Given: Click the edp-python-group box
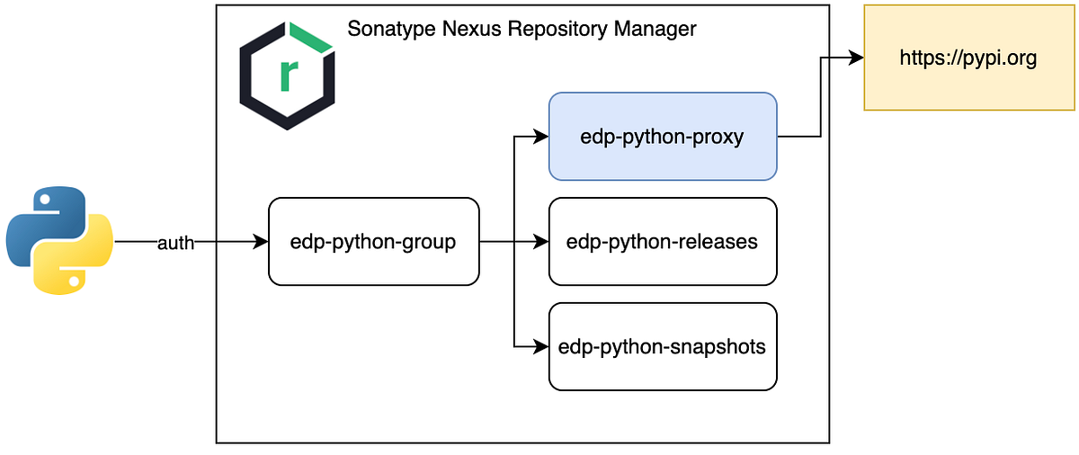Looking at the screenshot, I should point(373,242).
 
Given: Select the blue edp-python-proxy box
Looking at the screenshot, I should point(663,137).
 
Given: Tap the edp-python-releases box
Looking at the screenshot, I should point(663,242).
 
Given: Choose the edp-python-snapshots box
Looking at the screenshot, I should point(663,347).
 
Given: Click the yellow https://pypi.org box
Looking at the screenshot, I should point(968,58).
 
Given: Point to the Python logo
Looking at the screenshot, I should point(59,240).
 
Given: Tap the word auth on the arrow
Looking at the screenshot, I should point(176,243).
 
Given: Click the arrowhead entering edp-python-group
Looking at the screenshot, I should point(262,242).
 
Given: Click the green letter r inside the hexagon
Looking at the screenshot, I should point(288,77).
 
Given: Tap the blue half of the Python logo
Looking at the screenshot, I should point(40,220).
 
